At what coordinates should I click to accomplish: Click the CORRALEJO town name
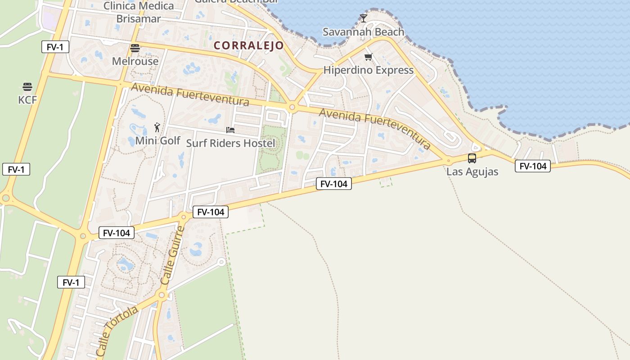[248, 45]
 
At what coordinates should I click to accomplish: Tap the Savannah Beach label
[364, 32]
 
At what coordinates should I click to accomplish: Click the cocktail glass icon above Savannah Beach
[364, 18]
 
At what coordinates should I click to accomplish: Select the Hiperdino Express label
[368, 70]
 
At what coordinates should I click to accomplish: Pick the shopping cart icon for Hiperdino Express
[369, 57]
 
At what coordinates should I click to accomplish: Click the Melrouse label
[135, 61]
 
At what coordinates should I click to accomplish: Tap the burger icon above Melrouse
[135, 48]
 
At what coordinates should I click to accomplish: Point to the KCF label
[27, 100]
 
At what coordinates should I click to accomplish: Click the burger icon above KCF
[27, 86]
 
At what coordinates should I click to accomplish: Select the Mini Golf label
[157, 141]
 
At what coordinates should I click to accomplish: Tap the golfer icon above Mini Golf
[157, 127]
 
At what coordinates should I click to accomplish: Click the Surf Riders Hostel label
[230, 144]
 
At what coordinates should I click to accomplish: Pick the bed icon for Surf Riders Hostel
[230, 130]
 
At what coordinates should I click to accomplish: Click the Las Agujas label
[472, 171]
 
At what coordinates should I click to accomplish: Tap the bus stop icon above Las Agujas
[472, 158]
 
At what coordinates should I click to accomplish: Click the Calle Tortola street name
[117, 332]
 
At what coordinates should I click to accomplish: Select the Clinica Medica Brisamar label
[139, 12]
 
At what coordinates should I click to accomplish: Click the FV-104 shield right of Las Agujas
[533, 166]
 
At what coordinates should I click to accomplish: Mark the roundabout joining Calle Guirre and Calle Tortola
[162, 295]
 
